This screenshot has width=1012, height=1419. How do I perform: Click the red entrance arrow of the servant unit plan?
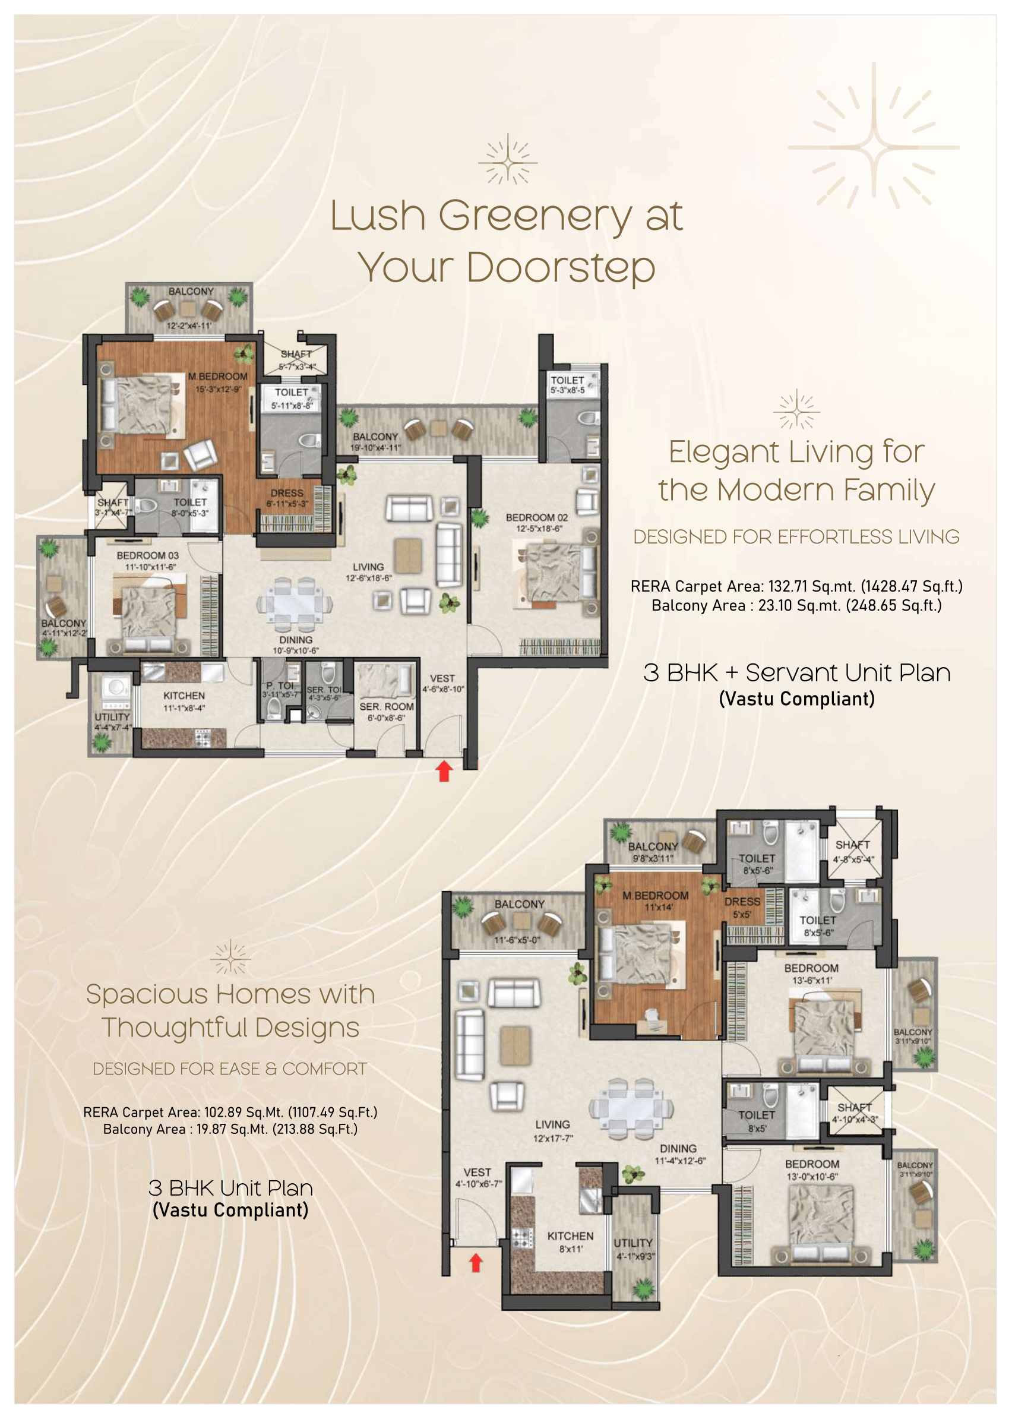tap(444, 772)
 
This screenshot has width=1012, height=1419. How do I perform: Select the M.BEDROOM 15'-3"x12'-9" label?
tap(217, 382)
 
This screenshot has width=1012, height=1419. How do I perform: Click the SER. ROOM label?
tap(387, 711)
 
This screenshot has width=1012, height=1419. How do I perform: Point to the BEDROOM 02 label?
tap(536, 522)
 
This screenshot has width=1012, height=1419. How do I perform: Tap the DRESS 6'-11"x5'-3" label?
tap(287, 497)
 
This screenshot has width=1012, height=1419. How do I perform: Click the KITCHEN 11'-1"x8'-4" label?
tap(184, 700)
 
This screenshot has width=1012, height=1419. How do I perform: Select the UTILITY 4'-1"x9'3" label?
tap(634, 1249)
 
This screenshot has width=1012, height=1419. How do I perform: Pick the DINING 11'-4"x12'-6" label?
tap(679, 1153)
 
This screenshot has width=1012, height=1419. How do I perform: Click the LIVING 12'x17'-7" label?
tap(552, 1130)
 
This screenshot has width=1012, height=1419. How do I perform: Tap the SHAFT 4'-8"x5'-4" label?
tap(853, 851)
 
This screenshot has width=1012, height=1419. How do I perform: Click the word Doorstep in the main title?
tap(560, 267)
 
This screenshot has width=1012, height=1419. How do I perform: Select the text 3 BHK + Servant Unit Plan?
tap(796, 673)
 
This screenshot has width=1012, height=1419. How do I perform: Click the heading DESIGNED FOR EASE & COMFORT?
tap(229, 1069)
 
